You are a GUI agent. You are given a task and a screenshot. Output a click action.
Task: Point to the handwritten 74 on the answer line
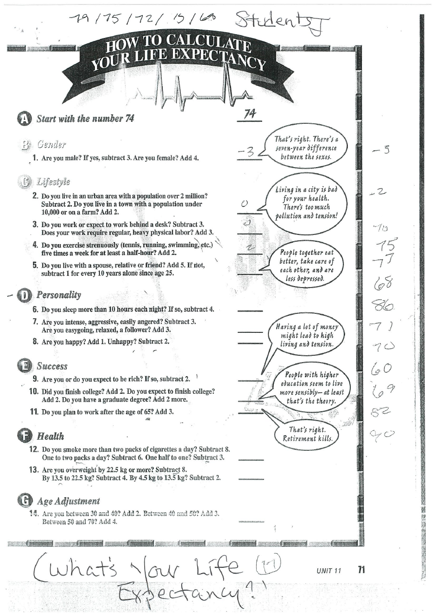coord(250,114)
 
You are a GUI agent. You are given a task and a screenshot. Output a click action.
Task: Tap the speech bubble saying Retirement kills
coord(307,433)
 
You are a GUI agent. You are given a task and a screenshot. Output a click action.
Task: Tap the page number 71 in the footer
coord(361,569)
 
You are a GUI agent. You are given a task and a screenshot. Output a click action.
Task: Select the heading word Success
coord(52,366)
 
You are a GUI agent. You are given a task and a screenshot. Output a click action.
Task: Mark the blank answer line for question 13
coord(251,479)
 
